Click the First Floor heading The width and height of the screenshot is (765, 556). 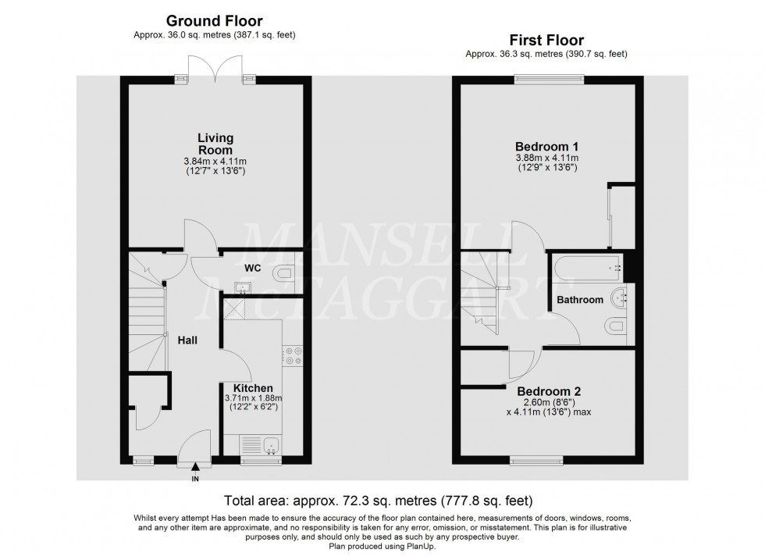coord(546,40)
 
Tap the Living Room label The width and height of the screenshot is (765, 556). coord(215,144)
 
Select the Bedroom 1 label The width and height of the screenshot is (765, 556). coord(546,146)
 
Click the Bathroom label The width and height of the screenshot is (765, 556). coord(579,300)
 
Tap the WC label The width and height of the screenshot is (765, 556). coord(252,268)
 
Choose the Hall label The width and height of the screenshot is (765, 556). coord(187,340)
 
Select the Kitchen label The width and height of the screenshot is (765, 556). coord(253,388)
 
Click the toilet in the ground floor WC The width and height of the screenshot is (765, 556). coord(283,273)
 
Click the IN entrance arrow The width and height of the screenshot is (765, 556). coord(195,468)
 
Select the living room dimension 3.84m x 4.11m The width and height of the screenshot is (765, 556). coord(215,162)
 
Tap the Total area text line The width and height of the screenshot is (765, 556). coord(382,499)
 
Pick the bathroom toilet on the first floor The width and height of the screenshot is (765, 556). coord(616,326)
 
